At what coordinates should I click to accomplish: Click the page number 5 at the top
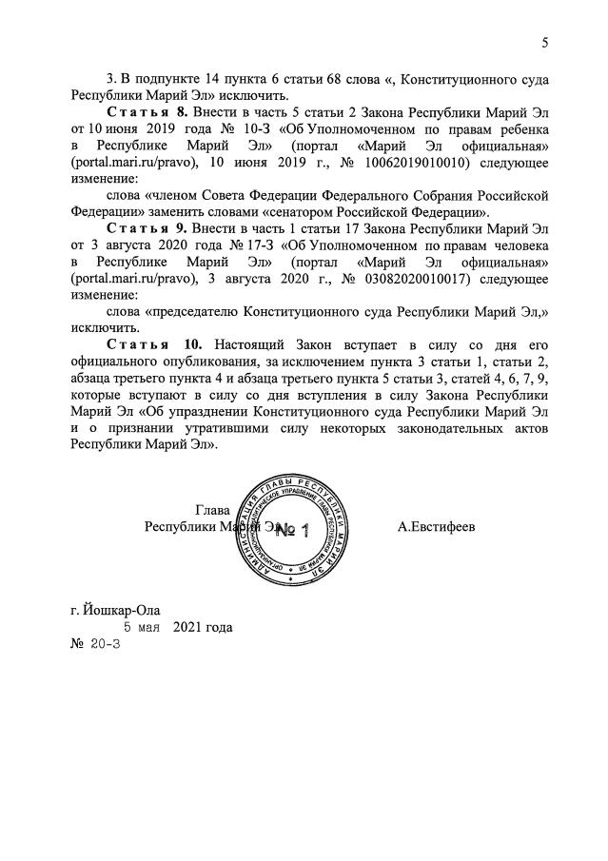tap(545, 42)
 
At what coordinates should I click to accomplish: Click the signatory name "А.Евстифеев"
tap(438, 525)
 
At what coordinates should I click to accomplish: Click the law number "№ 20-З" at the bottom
tap(94, 644)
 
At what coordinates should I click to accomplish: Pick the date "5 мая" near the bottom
tap(142, 627)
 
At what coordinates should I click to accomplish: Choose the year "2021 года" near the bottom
tap(203, 627)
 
